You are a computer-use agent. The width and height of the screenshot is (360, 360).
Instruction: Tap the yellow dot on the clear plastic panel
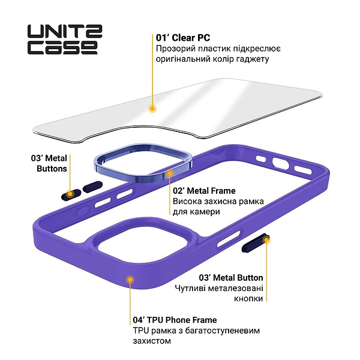tap(152, 109)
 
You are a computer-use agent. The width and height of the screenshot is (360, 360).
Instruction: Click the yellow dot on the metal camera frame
tap(170, 173)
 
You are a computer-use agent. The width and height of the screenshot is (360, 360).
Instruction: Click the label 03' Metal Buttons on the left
tap(49, 163)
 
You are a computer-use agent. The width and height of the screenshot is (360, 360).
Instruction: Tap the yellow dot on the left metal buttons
tap(71, 193)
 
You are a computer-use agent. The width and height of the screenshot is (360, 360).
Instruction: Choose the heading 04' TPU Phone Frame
tap(175, 320)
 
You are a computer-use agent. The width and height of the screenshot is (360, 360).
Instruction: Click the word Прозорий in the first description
tap(173, 49)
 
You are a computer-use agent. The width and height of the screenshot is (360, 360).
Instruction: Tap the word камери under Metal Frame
tap(205, 212)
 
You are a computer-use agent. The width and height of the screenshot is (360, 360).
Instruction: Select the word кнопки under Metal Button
tap(248, 298)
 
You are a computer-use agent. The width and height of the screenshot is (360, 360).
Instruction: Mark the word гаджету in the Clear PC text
tap(252, 59)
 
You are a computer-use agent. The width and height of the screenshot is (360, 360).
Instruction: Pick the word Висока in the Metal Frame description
tap(187, 201)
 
